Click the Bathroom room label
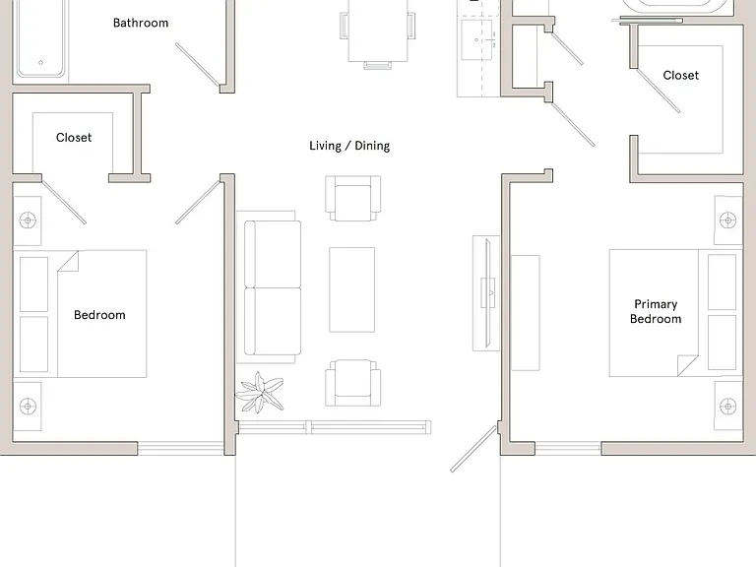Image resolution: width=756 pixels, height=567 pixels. tap(141, 23)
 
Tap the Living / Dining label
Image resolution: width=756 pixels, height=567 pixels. tap(349, 146)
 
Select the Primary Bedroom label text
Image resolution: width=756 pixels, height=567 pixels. tap(656, 311)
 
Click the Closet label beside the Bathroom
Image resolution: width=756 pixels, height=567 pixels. tap(74, 138)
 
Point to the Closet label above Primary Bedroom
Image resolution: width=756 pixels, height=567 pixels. tap(681, 75)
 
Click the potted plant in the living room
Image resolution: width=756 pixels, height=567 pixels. tap(260, 393)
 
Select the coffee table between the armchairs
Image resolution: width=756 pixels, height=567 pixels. tap(352, 289)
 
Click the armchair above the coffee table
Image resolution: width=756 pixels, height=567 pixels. tap(353, 198)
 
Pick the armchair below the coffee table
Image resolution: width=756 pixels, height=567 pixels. tap(353, 383)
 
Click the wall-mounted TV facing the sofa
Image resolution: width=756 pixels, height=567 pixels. tap(488, 292)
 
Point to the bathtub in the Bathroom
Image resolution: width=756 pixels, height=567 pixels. tap(40, 38)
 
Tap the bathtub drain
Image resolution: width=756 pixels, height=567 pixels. tap(40, 62)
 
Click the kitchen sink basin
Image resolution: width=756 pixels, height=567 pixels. tap(476, 39)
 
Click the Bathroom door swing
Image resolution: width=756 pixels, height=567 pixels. tap(198, 65)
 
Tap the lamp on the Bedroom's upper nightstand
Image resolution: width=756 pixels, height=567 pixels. tap(28, 220)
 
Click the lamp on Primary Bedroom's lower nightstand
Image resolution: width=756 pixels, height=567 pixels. tap(728, 406)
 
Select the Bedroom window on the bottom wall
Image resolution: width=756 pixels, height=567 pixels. tap(181, 449)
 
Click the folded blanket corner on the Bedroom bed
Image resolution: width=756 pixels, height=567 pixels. tap(69, 261)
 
